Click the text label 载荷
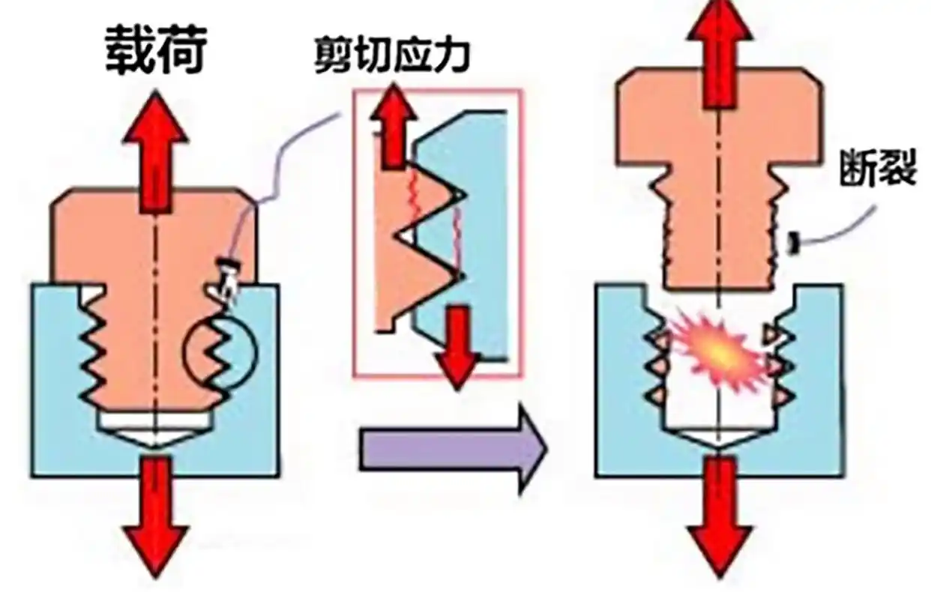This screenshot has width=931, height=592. click(x=156, y=50)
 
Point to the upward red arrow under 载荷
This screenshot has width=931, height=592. click(x=154, y=150)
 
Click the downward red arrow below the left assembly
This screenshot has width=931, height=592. click(x=154, y=517)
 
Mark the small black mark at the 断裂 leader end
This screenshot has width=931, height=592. click(x=791, y=242)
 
